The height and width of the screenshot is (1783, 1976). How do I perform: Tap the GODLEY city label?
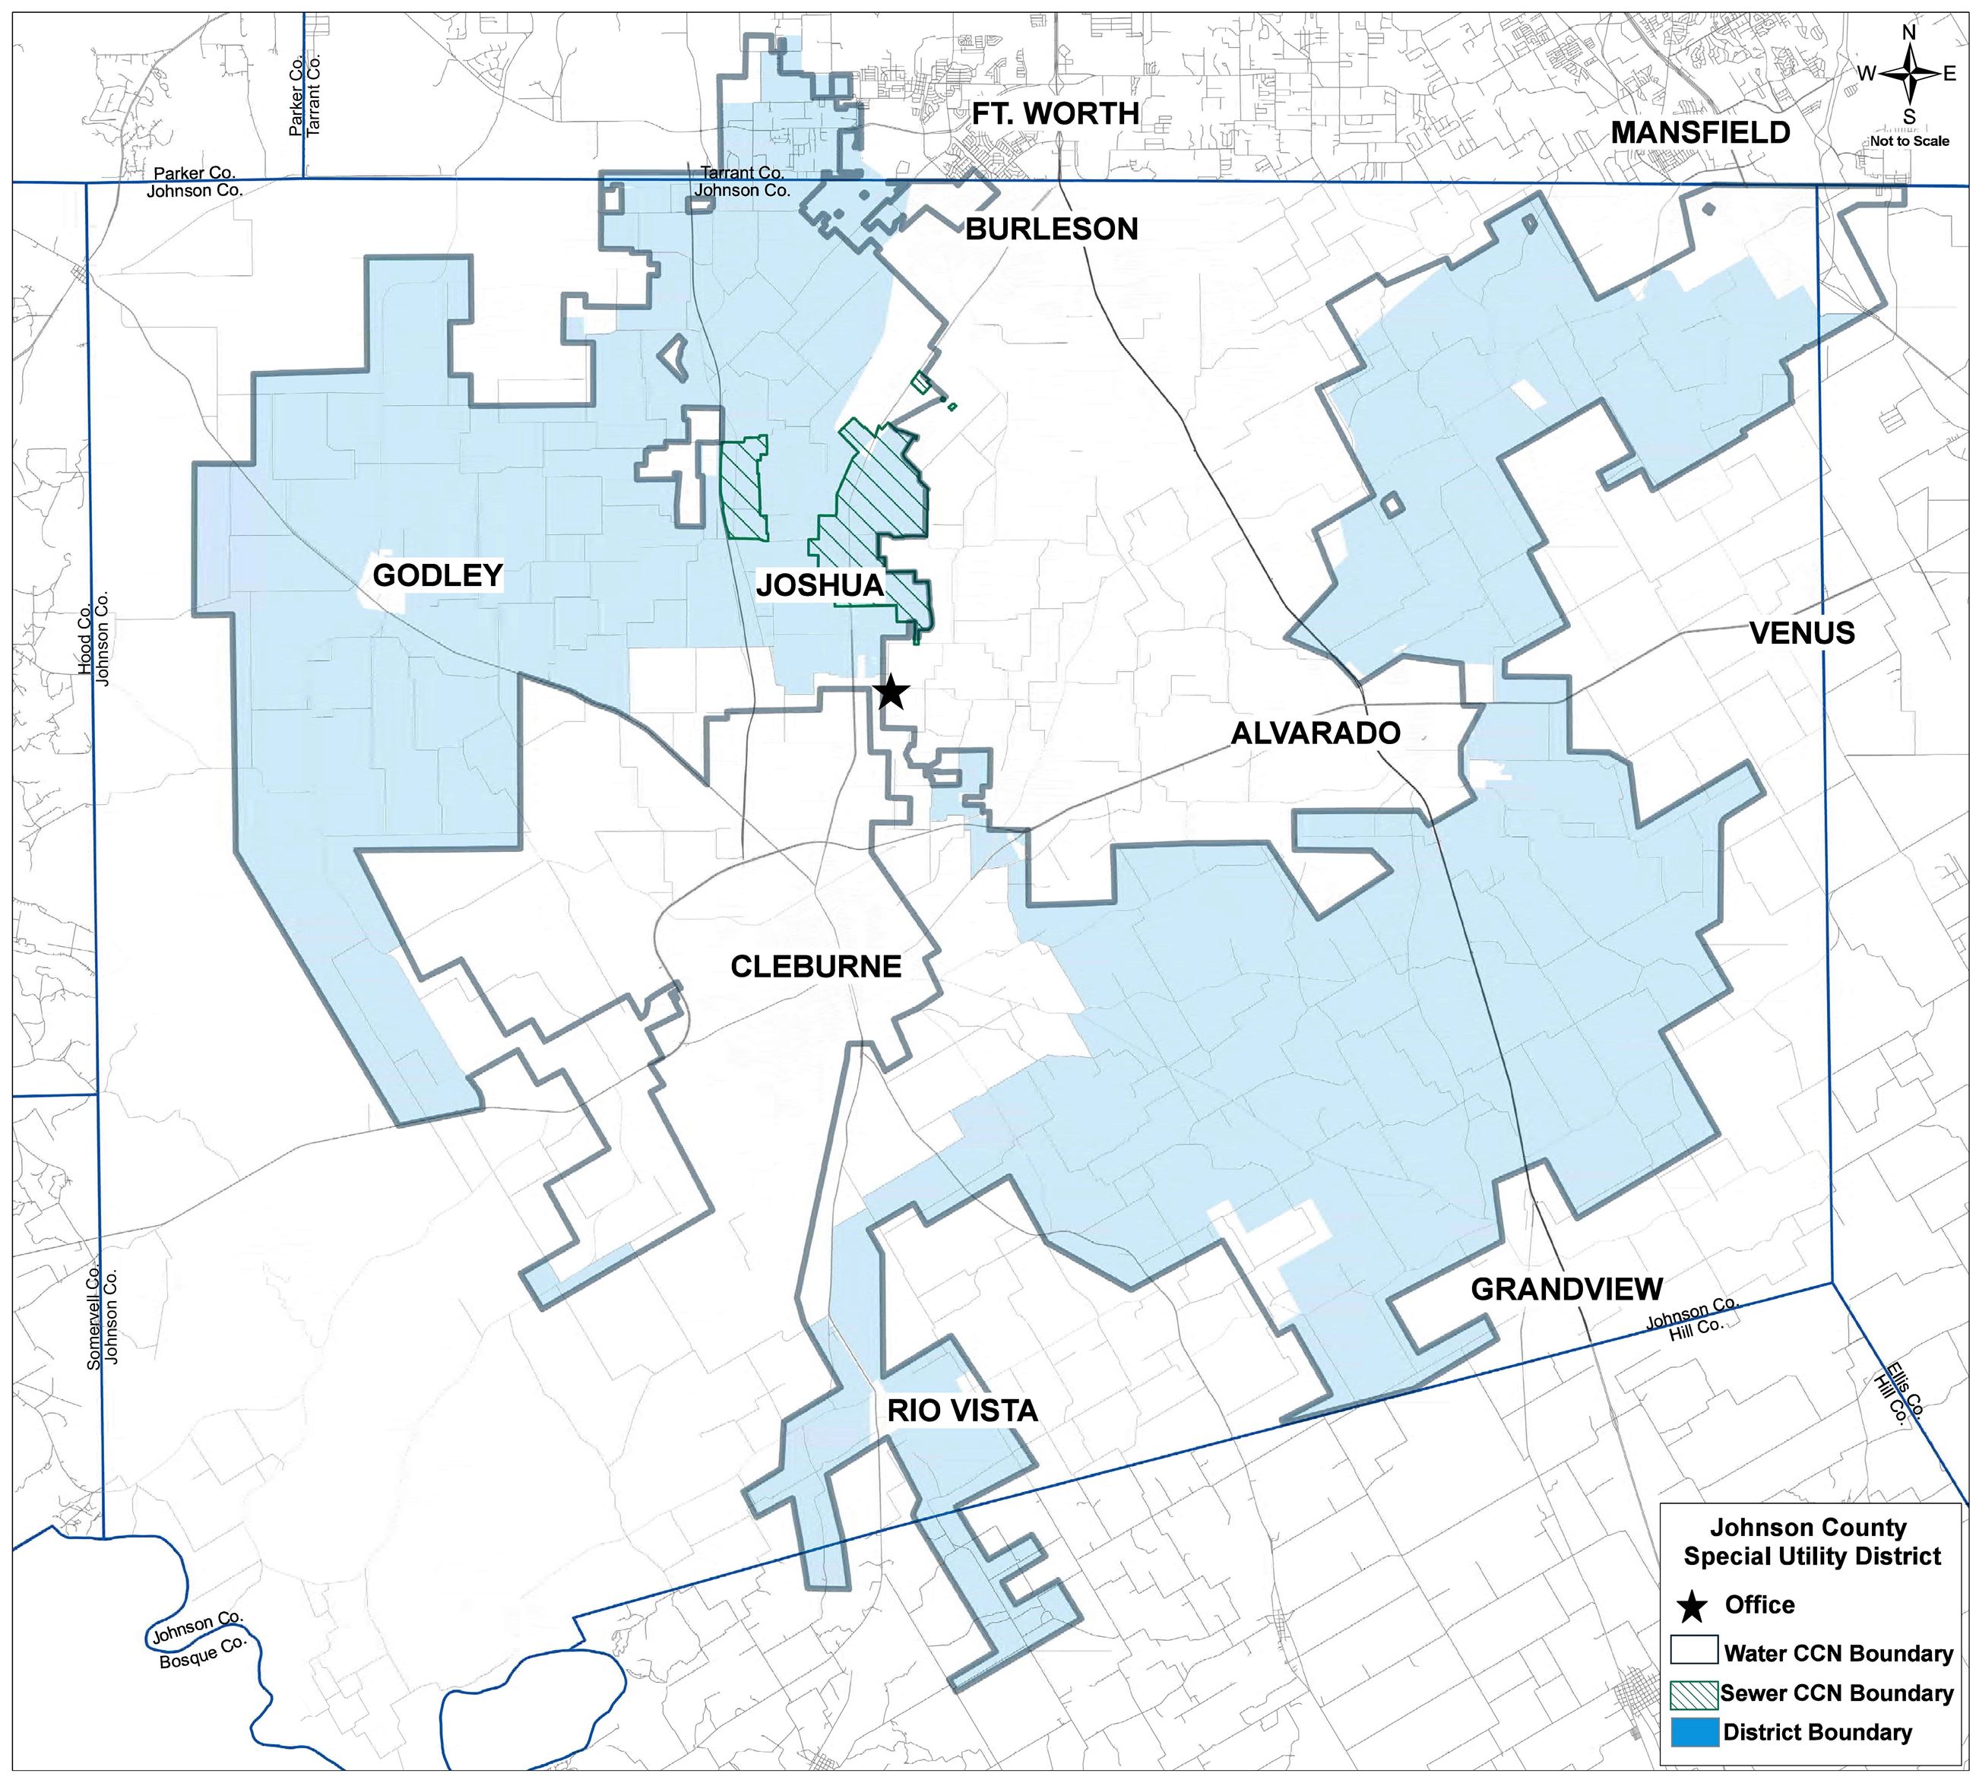click(438, 575)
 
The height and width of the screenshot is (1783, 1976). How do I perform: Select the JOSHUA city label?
click(820, 586)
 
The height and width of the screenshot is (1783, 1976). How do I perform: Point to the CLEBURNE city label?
click(816, 967)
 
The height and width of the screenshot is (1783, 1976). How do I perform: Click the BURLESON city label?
click(1051, 230)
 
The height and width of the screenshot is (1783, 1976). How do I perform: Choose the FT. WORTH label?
click(1055, 114)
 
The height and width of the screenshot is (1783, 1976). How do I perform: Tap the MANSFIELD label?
click(1699, 132)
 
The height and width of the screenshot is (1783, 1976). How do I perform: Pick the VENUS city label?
click(1802, 633)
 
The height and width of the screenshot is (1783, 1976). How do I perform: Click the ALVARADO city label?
click(1315, 733)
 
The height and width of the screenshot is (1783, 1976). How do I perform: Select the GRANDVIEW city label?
click(1566, 1289)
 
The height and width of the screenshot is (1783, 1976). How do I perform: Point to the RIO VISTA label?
click(962, 1411)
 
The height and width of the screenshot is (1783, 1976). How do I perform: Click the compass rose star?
click(1908, 74)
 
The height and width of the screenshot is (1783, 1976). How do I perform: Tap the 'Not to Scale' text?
click(1909, 141)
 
